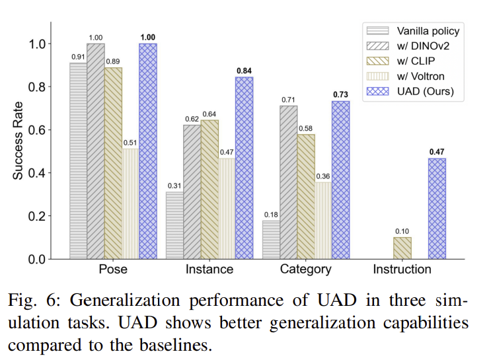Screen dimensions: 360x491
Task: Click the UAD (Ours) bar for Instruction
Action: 437,209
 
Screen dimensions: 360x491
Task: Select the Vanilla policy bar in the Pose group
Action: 78,161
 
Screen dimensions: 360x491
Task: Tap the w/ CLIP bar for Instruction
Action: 402,248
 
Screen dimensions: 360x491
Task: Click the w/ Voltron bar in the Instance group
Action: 227,208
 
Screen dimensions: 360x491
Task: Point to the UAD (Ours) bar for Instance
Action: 244,168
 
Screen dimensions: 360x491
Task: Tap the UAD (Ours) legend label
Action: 426,91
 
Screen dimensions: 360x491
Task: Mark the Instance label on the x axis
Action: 209,270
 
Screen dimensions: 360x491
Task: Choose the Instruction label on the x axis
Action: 402,270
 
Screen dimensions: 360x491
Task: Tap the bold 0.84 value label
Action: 245,71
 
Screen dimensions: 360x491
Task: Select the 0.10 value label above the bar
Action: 402,231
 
